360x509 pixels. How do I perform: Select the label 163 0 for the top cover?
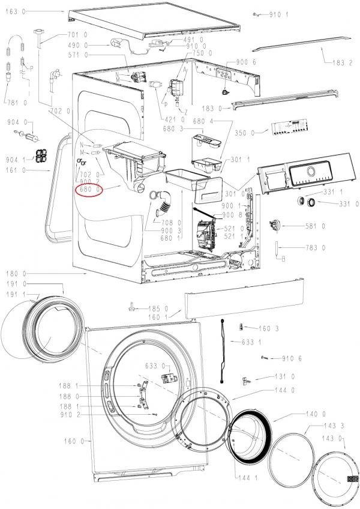click(15, 11)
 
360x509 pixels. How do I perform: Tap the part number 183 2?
click(342, 62)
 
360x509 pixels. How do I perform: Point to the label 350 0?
click(244, 133)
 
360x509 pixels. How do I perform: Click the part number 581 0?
click(315, 226)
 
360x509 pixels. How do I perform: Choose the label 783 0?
click(315, 248)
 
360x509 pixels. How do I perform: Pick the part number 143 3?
click(334, 426)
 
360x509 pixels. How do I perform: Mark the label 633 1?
click(251, 342)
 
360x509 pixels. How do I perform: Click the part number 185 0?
click(158, 309)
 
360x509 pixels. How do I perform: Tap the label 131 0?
click(284, 376)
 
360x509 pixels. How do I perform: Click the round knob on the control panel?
click(310, 171)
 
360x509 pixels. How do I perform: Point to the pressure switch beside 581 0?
click(274, 224)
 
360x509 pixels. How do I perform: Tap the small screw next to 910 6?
click(264, 357)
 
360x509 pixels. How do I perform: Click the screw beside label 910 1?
click(256, 14)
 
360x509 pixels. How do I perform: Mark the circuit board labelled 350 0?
click(289, 127)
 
